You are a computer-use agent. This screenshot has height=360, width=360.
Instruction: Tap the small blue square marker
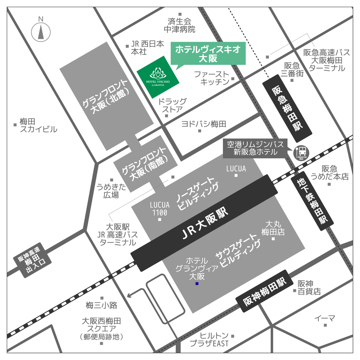click(197, 284)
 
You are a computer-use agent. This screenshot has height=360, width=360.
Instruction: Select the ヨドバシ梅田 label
click(203, 124)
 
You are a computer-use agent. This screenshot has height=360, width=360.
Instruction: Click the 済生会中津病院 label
click(180, 25)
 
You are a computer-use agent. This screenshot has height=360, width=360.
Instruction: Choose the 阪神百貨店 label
click(309, 287)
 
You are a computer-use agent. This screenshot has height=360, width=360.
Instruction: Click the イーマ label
click(325, 318)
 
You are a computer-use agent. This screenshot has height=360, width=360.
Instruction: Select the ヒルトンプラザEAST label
click(210, 339)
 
